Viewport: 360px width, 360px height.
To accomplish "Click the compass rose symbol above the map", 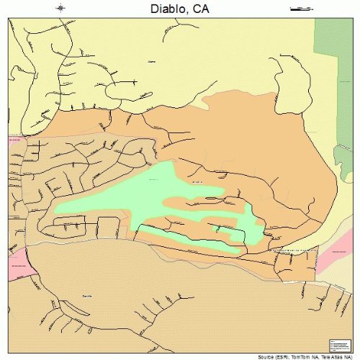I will [x=61, y=8].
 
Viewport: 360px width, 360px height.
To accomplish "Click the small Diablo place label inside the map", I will [x=151, y=62].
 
